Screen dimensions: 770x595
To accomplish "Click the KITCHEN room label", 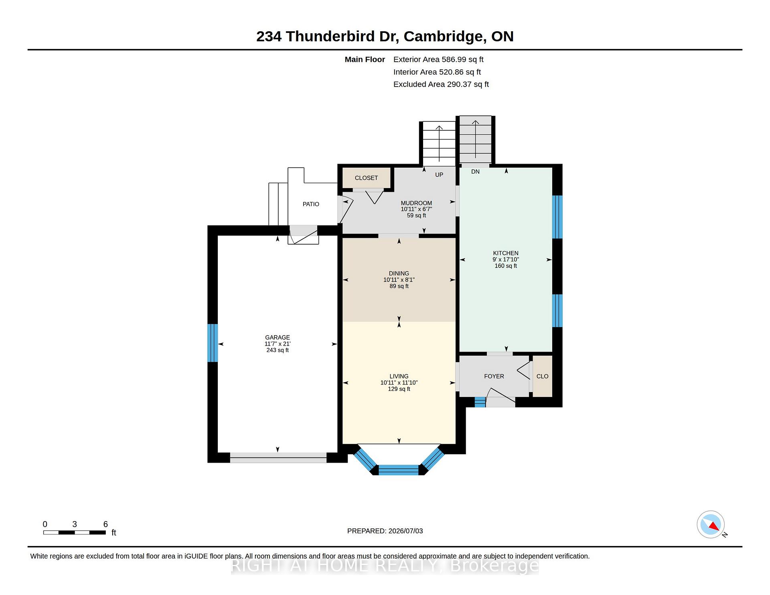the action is click(x=506, y=253).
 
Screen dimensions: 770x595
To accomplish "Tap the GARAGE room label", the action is click(x=278, y=338).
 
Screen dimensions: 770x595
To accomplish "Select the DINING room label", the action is click(x=399, y=273).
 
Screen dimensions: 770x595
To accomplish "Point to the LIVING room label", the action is click(x=399, y=376).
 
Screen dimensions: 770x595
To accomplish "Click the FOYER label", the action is click(x=494, y=376).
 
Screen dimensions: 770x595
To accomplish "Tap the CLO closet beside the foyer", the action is click(x=542, y=376).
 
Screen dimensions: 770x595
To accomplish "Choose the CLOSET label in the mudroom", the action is click(x=366, y=178).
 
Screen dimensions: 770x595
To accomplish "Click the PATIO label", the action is click(x=311, y=204).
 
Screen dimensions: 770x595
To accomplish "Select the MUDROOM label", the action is click(x=416, y=203).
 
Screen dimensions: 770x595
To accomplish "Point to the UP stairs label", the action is click(x=439, y=175).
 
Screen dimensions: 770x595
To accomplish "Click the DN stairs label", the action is click(x=475, y=172).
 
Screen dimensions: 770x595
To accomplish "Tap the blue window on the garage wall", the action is click(x=213, y=343).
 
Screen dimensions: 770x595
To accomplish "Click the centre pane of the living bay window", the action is click(x=399, y=470).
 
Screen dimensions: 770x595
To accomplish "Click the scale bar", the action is click(x=75, y=532).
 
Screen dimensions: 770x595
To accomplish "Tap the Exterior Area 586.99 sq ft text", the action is click(x=438, y=59).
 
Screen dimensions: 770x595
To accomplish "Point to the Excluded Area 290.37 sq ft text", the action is click(x=441, y=84).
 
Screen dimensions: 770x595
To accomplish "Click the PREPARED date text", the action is click(x=385, y=531).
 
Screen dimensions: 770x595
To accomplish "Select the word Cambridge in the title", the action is click(x=445, y=36).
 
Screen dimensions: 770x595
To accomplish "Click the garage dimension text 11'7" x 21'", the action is click(x=278, y=344).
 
